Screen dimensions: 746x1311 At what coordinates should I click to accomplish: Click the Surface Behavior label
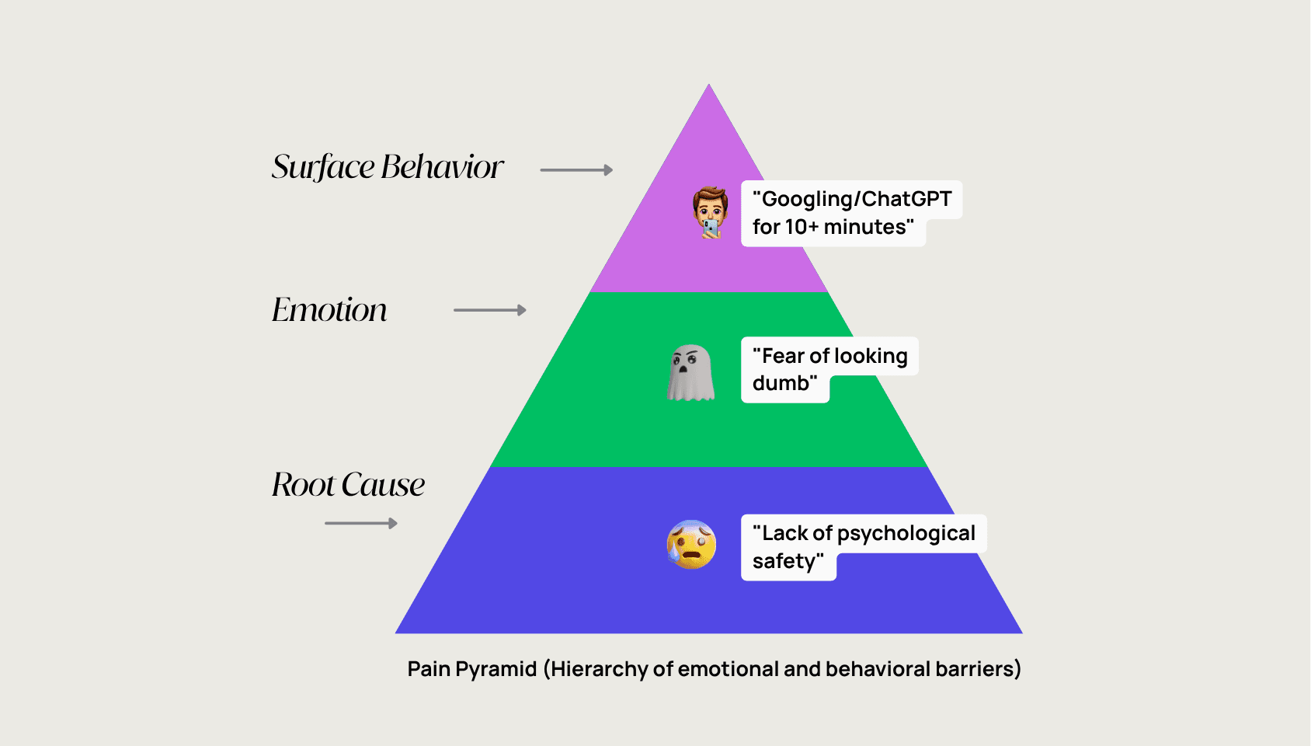click(388, 167)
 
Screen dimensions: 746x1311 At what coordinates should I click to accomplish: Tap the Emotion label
click(329, 310)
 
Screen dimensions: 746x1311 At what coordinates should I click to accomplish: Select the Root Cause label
click(348, 485)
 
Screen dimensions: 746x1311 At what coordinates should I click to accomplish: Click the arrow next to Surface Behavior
click(576, 170)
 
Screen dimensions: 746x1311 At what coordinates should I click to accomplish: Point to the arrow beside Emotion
click(489, 310)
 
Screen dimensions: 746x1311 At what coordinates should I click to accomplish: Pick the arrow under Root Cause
click(361, 524)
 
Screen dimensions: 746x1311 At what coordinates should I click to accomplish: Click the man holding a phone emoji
click(710, 212)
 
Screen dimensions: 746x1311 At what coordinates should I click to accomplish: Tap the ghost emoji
click(690, 373)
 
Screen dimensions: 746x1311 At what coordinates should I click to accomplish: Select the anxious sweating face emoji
click(691, 544)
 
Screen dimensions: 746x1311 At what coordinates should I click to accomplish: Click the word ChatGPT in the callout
click(906, 200)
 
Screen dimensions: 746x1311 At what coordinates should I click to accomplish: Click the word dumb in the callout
click(781, 383)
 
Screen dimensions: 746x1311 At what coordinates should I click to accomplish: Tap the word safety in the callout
click(785, 561)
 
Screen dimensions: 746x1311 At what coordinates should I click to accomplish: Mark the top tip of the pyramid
click(709, 86)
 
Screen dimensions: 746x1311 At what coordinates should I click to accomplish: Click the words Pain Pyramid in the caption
click(472, 669)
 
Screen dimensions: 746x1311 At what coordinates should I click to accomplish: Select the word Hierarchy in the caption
click(599, 669)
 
